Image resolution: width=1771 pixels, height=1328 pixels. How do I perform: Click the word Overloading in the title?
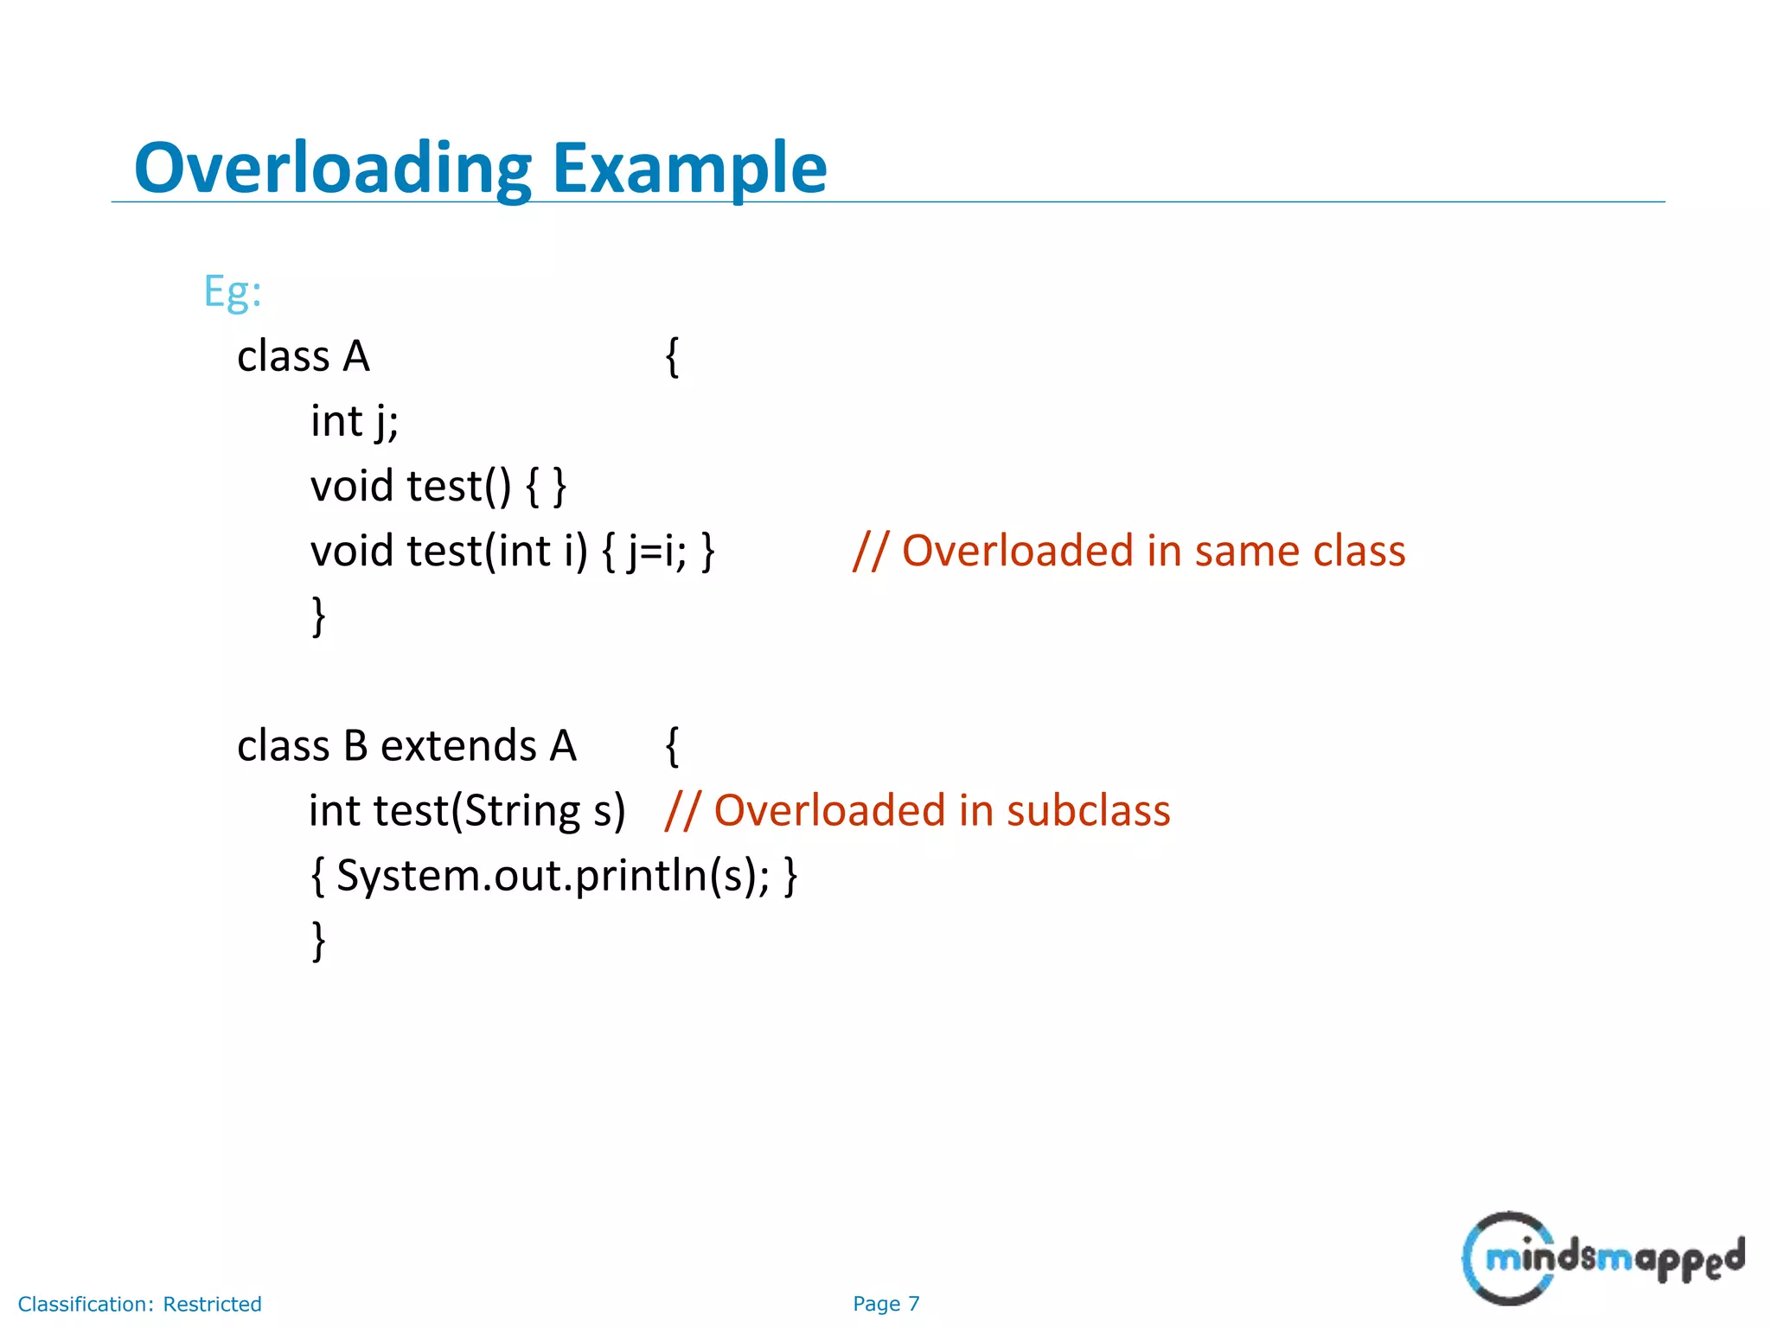pos(333,168)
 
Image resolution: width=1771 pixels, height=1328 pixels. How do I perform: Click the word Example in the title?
pos(689,168)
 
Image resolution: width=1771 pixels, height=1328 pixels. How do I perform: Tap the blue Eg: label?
pos(232,291)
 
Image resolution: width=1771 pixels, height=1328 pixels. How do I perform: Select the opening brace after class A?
pos(672,356)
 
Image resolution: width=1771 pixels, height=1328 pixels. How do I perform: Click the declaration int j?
pos(355,422)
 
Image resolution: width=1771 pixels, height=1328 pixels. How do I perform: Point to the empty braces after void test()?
pos(546,486)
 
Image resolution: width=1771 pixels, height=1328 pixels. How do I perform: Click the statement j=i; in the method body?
pos(656,552)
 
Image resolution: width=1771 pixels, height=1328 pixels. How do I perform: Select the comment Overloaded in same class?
pos(1128,551)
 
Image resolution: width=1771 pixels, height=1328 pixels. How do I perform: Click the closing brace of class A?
pos(318,616)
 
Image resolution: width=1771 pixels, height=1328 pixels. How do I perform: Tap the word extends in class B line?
pos(458,745)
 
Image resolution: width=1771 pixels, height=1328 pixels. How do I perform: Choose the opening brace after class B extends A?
pos(672,745)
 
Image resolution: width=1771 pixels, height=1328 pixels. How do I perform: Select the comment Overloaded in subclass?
pos(917,811)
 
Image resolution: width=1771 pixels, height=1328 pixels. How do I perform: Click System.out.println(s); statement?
pos(553,875)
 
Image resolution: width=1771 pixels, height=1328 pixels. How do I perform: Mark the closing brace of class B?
pos(318,940)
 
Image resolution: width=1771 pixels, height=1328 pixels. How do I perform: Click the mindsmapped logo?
pos(1602,1258)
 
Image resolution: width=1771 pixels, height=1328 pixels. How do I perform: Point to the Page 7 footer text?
pos(885,1304)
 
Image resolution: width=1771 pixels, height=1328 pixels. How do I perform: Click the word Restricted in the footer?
pos(212,1304)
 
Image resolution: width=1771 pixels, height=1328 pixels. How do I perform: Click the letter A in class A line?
pos(356,356)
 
